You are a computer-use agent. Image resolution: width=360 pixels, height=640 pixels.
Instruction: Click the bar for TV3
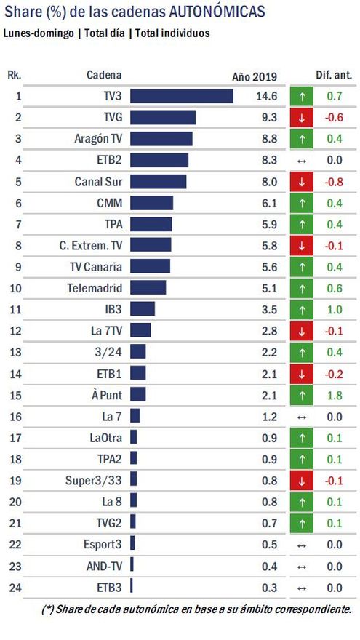point(181,96)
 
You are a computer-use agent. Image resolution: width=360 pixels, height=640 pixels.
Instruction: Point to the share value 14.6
point(268,96)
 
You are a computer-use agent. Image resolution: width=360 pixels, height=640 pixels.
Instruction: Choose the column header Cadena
point(104,75)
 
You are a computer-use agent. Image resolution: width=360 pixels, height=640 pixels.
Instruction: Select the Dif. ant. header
point(332,75)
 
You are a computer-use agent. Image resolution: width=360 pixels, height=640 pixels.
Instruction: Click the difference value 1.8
point(335,394)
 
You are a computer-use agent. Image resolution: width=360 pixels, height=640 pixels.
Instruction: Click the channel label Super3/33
point(96,479)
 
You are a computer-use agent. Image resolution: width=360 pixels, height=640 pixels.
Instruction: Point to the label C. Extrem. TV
point(91,245)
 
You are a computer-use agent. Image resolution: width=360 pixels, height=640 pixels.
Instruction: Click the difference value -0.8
point(333,181)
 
